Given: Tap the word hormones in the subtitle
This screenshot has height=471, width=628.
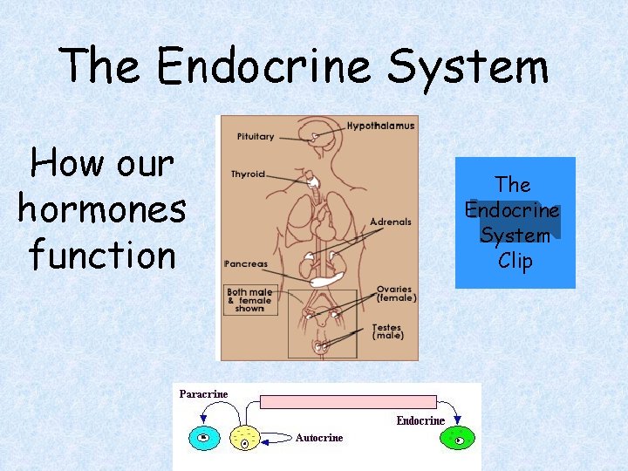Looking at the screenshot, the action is [101, 209].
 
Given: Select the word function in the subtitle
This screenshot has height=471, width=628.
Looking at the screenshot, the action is [101, 256].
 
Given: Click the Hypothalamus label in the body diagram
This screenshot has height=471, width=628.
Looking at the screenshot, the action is [381, 126].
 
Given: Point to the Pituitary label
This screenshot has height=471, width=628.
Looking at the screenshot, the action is [255, 136].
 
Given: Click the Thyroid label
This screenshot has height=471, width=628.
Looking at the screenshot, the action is [248, 174].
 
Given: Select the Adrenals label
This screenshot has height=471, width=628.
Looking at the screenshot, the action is [390, 222].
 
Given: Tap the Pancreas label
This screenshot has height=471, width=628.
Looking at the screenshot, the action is [246, 263].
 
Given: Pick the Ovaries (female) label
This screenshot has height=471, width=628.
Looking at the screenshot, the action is [396, 294].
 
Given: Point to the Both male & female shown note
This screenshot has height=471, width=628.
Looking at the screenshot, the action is [249, 301].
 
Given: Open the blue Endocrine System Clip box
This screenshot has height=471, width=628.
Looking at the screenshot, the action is [515, 222].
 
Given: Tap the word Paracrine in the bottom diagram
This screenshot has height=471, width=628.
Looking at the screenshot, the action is [203, 394].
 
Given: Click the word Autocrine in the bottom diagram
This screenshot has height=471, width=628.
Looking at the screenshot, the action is [319, 438].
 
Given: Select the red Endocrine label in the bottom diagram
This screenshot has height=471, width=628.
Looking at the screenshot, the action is [420, 420].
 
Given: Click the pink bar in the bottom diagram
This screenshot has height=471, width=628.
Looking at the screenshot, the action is [349, 402].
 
